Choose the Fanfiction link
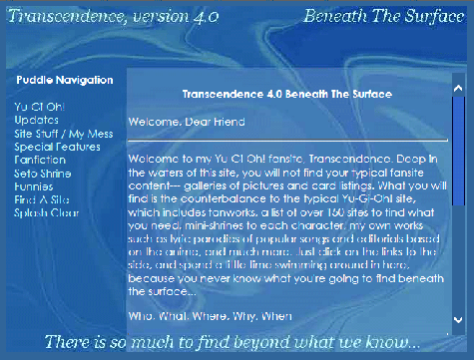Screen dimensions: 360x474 [x=40, y=159]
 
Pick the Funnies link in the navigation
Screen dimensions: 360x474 [x=34, y=185]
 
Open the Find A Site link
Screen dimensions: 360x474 [x=41, y=199]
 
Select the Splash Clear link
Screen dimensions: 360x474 [x=47, y=213]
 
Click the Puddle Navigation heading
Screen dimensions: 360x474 [x=65, y=79]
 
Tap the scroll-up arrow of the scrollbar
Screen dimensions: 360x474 [x=458, y=88]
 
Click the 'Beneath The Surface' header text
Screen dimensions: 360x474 [x=380, y=18]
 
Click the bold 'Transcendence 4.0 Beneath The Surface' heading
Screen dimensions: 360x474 [x=286, y=94]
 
